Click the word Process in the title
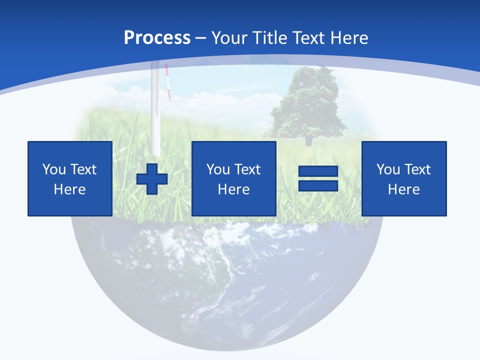click(157, 38)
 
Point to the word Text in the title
click(311, 38)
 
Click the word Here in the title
click(350, 38)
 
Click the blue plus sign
click(152, 179)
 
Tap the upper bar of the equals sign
click(318, 171)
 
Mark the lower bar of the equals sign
click(318, 186)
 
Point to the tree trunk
click(308, 139)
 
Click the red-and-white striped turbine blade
click(168, 82)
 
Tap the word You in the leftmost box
click(52, 169)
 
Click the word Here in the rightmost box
click(403, 189)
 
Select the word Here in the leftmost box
click(69, 189)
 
